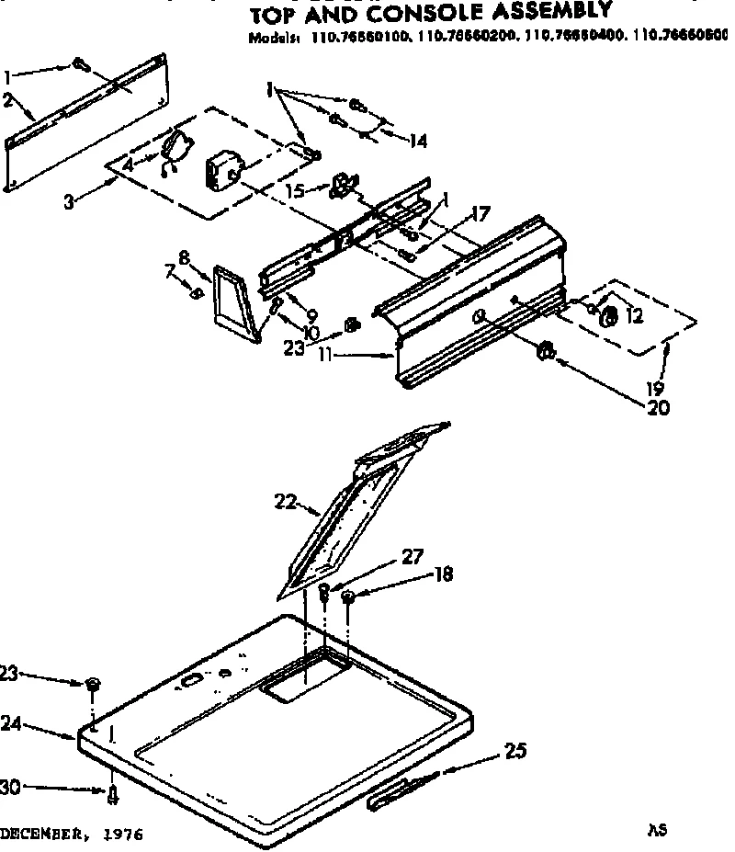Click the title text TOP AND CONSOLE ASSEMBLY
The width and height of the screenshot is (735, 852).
tap(430, 11)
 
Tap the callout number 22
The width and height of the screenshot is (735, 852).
tap(286, 500)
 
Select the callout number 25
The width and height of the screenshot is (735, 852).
tap(515, 751)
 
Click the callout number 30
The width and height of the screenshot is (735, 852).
tap(10, 787)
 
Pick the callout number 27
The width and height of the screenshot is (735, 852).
tap(413, 555)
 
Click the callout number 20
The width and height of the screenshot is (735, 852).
tap(660, 407)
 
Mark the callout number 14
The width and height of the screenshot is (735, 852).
tap(418, 140)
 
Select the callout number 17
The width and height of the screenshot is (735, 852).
tap(479, 214)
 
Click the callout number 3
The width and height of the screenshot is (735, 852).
tap(69, 201)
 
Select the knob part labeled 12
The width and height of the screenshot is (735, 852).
tap(607, 315)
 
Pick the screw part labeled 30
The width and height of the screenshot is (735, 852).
tap(112, 794)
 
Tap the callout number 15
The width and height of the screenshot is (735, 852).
tap(294, 190)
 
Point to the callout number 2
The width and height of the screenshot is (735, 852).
tap(9, 101)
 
